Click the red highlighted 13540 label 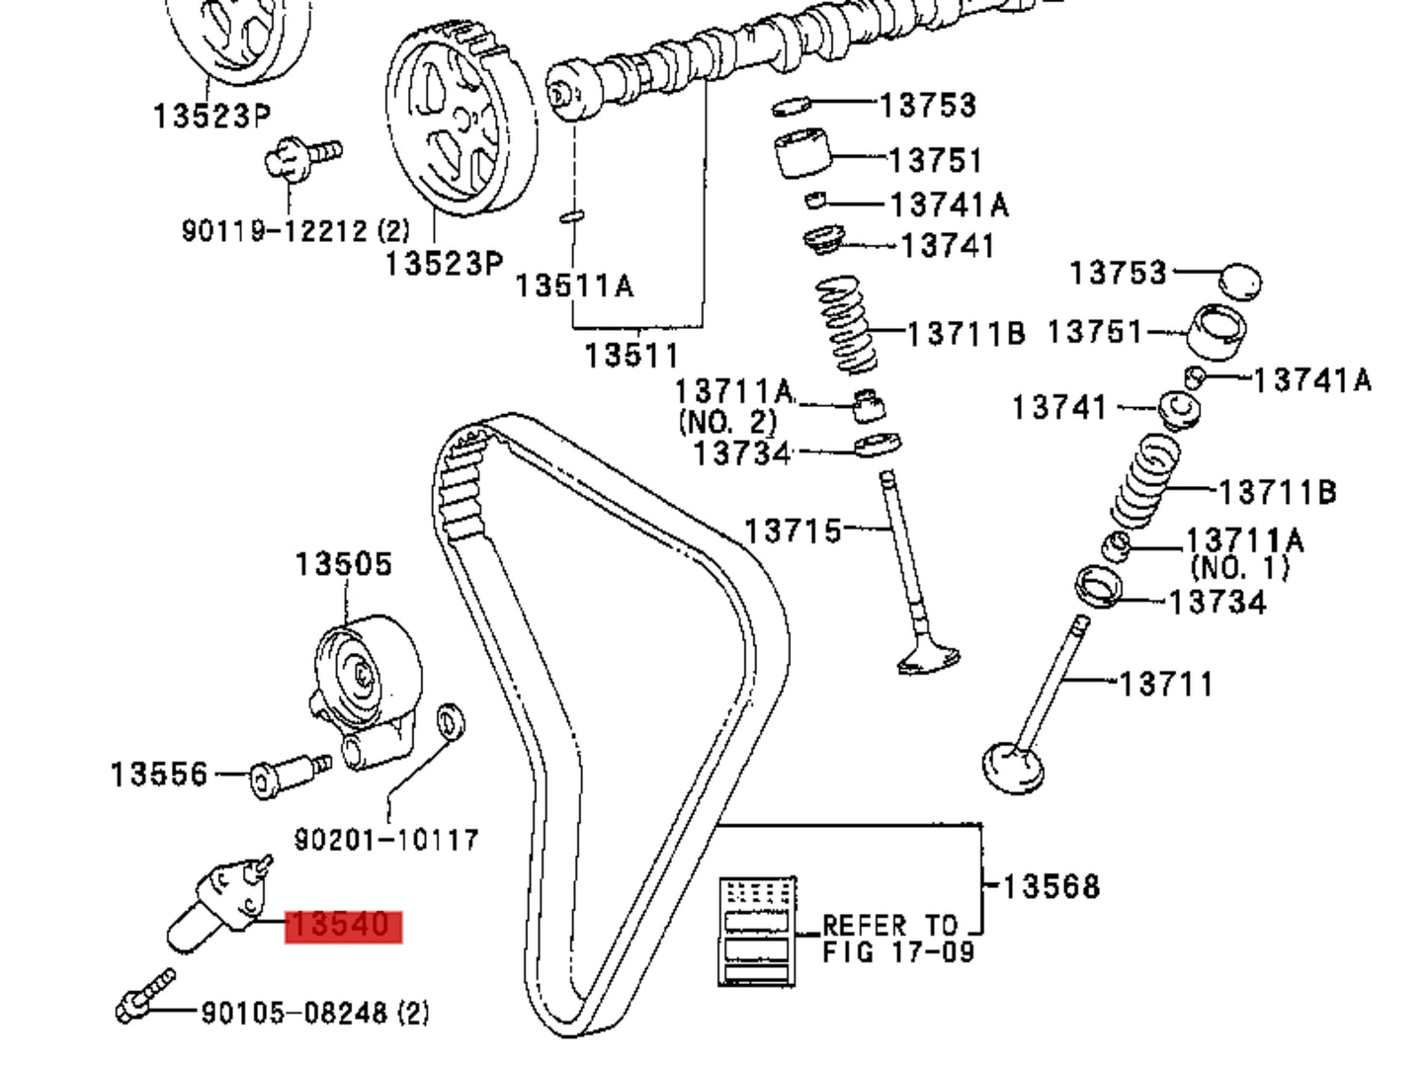[x=343, y=927]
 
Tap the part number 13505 [x=344, y=565]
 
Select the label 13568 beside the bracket [x=1050, y=886]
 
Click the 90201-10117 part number [x=386, y=840]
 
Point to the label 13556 [x=159, y=774]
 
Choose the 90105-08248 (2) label [x=315, y=1013]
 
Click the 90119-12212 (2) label [x=294, y=231]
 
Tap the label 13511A [x=574, y=286]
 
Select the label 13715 [x=793, y=531]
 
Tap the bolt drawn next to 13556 [x=286, y=776]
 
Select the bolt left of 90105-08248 [x=146, y=996]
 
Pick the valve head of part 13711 [x=1013, y=767]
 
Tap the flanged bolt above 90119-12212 [x=302, y=158]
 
